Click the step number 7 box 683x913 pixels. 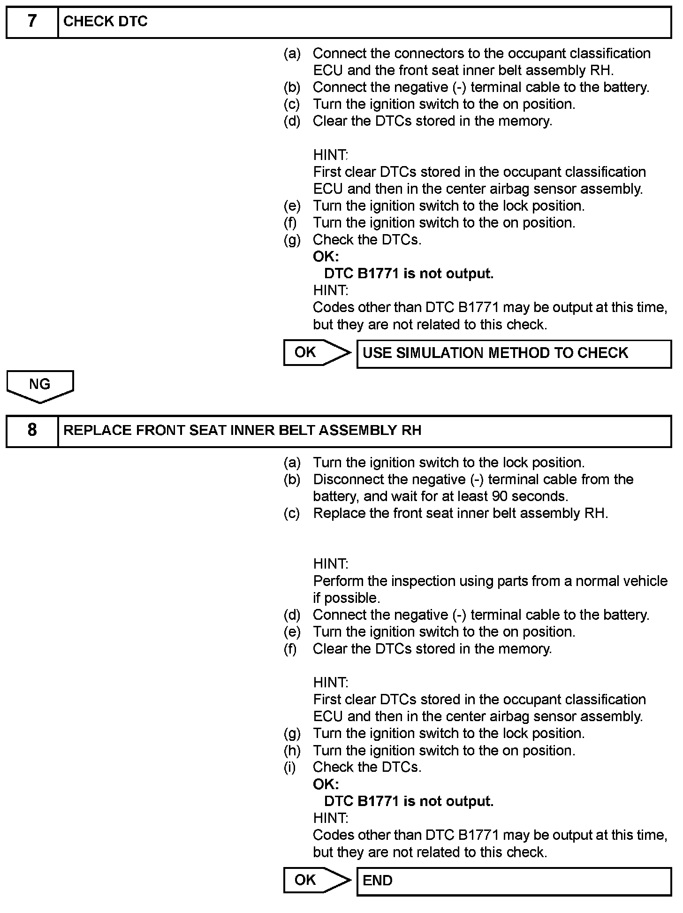click(32, 22)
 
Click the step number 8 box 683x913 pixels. click(32, 430)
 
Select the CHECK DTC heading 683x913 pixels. click(106, 22)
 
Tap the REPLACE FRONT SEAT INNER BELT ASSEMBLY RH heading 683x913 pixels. click(242, 430)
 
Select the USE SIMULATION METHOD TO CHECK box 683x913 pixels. click(514, 353)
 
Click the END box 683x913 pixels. click(514, 881)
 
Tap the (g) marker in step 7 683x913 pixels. click(292, 240)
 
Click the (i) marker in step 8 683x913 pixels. click(290, 767)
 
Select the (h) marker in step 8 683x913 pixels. click(292, 750)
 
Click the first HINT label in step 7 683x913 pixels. click(330, 155)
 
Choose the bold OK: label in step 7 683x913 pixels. click(326, 257)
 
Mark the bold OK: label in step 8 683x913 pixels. click(326, 784)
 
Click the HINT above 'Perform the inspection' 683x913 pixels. click(330, 564)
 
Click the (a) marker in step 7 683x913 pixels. click(292, 53)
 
